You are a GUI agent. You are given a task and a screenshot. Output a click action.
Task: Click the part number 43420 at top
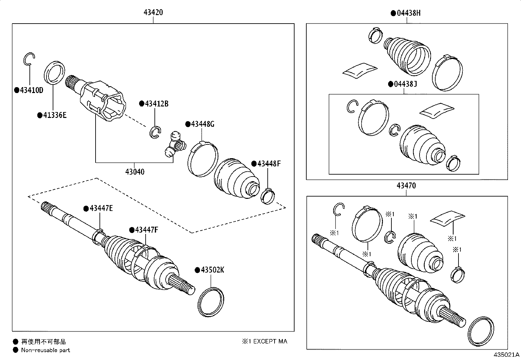point(153,13)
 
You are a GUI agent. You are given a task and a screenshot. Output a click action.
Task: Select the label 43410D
point(31,90)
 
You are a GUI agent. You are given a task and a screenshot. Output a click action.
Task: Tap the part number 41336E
point(54,115)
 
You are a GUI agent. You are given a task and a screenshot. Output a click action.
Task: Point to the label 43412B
point(156,104)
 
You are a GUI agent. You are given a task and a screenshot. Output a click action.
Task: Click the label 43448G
point(203,124)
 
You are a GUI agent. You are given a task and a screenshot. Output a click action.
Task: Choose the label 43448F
point(269,163)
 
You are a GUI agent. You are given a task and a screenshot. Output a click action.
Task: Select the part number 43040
point(135,172)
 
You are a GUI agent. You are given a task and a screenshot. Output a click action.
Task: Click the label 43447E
point(101,208)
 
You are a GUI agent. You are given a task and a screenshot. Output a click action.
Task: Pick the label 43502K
point(212,270)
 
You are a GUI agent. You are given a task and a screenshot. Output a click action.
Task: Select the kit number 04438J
point(405,84)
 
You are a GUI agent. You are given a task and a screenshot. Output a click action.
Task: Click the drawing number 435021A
point(507,355)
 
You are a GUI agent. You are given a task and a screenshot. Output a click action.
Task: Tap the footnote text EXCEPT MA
point(270,341)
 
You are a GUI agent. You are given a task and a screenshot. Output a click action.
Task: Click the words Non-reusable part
point(45,350)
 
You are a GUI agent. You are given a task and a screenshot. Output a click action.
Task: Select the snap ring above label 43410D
point(29,59)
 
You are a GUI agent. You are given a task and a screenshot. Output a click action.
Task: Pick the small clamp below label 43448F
point(267,196)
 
